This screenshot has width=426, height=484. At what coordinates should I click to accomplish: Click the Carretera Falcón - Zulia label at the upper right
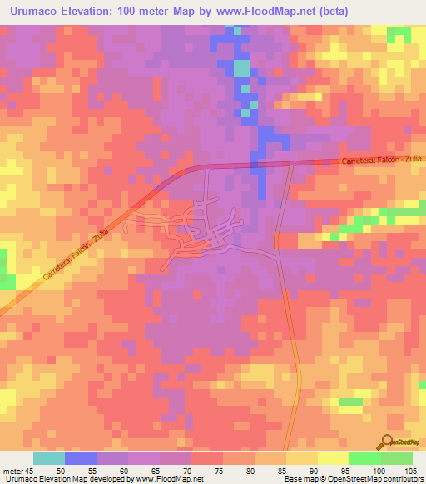click(x=382, y=159)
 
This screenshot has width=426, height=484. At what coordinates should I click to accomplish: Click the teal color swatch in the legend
click(x=48, y=458)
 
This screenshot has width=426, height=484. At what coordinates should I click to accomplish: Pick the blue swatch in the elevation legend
click(x=80, y=458)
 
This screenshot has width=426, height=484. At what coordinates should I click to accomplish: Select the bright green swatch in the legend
click(x=365, y=458)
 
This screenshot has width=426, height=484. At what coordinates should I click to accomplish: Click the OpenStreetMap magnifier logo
click(x=389, y=442)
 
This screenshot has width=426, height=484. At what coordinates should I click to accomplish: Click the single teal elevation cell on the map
click(x=241, y=67)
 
